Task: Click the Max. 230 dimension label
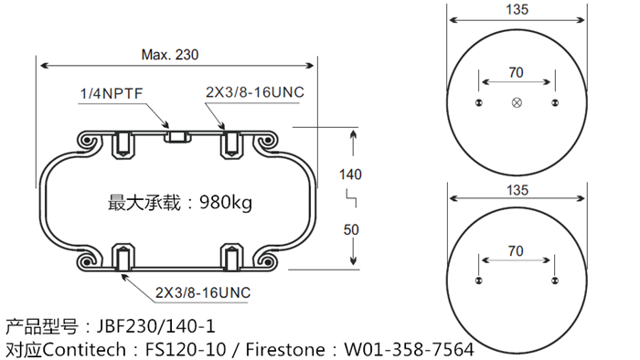click(170, 55)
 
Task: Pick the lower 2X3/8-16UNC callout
click(202, 292)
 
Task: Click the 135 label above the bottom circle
click(517, 190)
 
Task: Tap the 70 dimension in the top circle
click(516, 72)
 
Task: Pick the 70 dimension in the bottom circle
click(516, 249)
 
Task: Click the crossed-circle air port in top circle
click(517, 102)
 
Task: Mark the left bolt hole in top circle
click(478, 102)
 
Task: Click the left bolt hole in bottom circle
click(478, 280)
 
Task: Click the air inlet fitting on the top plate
click(176, 137)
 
